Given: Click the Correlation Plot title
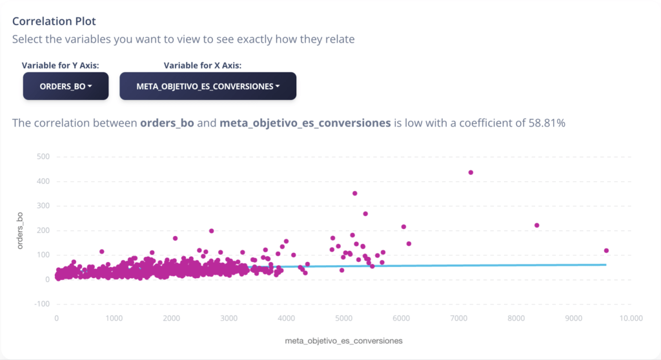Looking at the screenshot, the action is [x=54, y=21].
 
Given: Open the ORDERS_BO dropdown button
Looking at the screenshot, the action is [x=66, y=86].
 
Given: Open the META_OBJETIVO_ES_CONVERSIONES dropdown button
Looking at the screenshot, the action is [x=208, y=86].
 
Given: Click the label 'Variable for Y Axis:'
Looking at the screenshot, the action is [x=60, y=65].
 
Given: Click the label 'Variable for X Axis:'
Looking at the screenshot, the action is [x=202, y=65].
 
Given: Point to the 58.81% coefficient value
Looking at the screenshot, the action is [x=547, y=123].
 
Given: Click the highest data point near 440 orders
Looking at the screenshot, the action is [x=471, y=172].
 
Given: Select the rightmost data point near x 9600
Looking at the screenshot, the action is [x=606, y=251].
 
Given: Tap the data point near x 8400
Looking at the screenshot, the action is [x=536, y=226].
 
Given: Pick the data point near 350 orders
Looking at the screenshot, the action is [x=355, y=194].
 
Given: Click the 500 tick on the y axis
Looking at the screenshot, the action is [x=43, y=157].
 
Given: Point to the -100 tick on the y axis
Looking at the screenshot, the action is [x=41, y=304].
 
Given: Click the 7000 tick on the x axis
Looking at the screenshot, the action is [x=459, y=318].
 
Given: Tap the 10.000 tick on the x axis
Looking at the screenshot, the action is [x=631, y=318].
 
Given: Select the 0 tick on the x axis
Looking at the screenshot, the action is [x=57, y=318].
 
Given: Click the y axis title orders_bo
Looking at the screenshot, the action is [x=20, y=230].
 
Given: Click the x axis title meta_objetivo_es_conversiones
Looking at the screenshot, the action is [x=343, y=341].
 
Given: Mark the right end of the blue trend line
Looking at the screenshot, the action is [x=606, y=265].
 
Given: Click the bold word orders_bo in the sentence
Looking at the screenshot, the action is [x=167, y=123].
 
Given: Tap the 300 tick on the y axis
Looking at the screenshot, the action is [x=43, y=206].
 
